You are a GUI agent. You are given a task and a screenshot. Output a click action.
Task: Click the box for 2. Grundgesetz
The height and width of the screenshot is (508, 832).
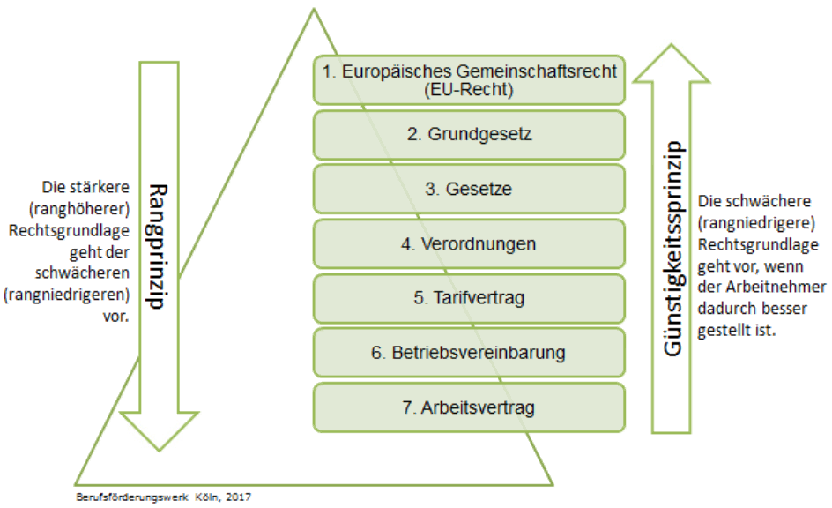[469, 135]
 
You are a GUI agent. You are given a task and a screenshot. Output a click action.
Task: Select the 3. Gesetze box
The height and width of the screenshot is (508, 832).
[469, 190]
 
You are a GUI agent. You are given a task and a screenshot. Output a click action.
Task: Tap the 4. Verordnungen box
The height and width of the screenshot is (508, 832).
[469, 244]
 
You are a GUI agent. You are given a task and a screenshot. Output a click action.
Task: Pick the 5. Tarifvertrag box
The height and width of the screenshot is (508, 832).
[469, 298]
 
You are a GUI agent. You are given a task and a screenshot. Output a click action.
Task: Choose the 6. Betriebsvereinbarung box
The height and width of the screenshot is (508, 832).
[469, 353]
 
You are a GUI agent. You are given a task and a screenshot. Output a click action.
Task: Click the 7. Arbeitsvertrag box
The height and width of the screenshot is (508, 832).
[469, 407]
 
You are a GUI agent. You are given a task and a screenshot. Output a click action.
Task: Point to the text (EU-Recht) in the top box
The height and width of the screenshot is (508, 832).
[468, 89]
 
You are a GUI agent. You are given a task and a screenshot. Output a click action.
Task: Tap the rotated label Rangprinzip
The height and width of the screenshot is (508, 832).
[159, 246]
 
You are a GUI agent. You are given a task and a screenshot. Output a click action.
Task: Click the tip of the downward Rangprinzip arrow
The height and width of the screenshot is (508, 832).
[159, 451]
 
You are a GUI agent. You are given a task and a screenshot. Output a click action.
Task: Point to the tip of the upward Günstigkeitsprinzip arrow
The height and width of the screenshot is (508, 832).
[672, 46]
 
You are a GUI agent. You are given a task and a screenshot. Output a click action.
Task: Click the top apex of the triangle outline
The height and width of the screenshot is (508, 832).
[313, 10]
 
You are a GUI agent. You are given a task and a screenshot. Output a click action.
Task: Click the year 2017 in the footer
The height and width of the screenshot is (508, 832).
[238, 498]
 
